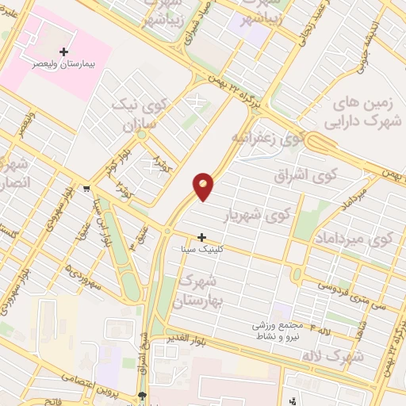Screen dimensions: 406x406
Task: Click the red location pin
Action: click(204, 185)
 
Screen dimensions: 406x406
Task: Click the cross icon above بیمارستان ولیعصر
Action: click(64, 51)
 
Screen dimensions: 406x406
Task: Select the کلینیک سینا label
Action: click(203, 248)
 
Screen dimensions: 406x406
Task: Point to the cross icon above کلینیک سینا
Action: click(203, 237)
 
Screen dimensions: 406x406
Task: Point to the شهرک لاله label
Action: click(332, 357)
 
